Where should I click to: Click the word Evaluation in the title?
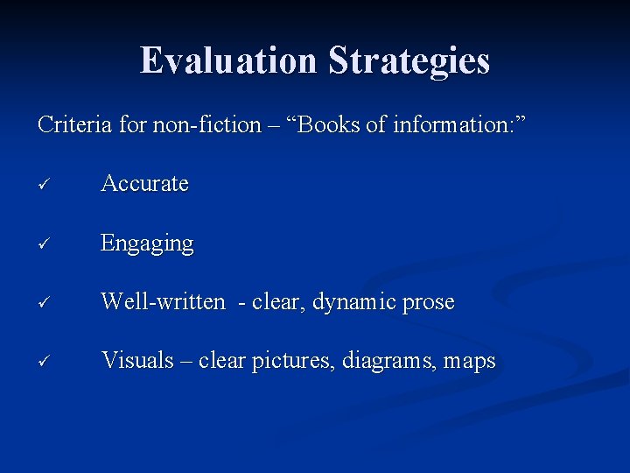click(229, 60)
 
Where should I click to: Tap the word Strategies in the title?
click(409, 60)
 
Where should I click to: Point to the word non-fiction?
click(206, 125)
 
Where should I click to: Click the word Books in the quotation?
click(332, 125)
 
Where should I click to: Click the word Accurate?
click(145, 184)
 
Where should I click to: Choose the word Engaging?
click(147, 244)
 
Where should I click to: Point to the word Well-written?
click(163, 302)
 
